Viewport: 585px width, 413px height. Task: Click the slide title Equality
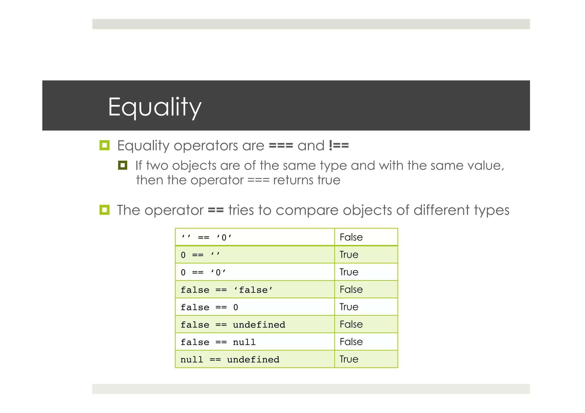155,107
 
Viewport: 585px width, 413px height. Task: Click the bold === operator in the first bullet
281,146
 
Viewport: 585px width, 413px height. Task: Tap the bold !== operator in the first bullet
339,146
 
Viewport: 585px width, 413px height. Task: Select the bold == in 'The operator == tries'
216,210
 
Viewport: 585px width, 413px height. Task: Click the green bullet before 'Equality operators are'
104,145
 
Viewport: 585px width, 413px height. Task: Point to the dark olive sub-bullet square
123,165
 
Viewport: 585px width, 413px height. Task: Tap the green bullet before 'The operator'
104,210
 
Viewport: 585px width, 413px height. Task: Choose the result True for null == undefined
349,359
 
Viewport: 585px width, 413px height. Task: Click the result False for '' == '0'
351,237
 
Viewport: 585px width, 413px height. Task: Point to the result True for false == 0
349,307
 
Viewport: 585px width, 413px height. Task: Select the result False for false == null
351,342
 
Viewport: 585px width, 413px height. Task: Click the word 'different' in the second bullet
441,210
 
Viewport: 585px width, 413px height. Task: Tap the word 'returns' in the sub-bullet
293,180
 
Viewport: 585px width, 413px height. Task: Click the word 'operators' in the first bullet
206,146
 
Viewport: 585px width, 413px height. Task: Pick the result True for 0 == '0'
349,272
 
